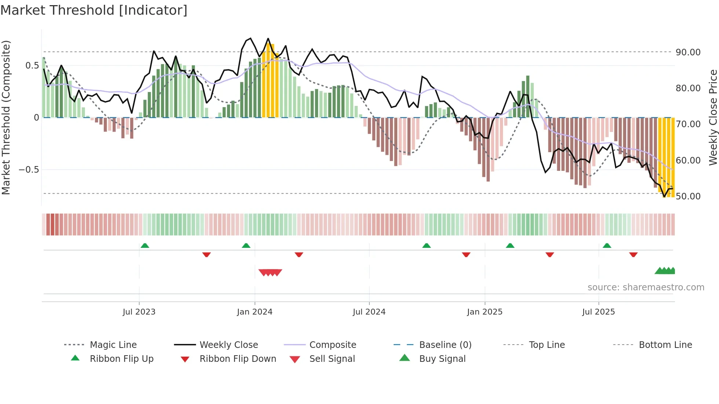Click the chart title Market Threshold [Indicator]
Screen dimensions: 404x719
94,10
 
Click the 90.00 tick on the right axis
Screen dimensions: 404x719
688,52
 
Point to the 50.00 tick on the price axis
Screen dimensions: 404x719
688,196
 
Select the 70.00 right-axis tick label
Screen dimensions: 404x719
688,124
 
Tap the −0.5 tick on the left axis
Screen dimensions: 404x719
29,169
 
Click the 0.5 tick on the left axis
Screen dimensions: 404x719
32,65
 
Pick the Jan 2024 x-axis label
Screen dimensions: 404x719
255,312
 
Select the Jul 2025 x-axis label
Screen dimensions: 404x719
598,312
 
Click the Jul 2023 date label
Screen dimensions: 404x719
139,312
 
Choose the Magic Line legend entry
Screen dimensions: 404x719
113,345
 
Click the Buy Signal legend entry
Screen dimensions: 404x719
442,359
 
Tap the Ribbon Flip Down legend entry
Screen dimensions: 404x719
238,359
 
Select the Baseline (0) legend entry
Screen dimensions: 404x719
445,345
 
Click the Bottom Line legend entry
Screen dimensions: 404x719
665,345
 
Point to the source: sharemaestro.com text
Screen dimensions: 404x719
646,287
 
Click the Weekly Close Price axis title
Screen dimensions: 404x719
713,117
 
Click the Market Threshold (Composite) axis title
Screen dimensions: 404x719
6,117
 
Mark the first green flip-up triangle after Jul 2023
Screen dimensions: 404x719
145,245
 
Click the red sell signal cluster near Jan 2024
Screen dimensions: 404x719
270,272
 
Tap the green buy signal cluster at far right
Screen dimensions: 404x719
665,271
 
